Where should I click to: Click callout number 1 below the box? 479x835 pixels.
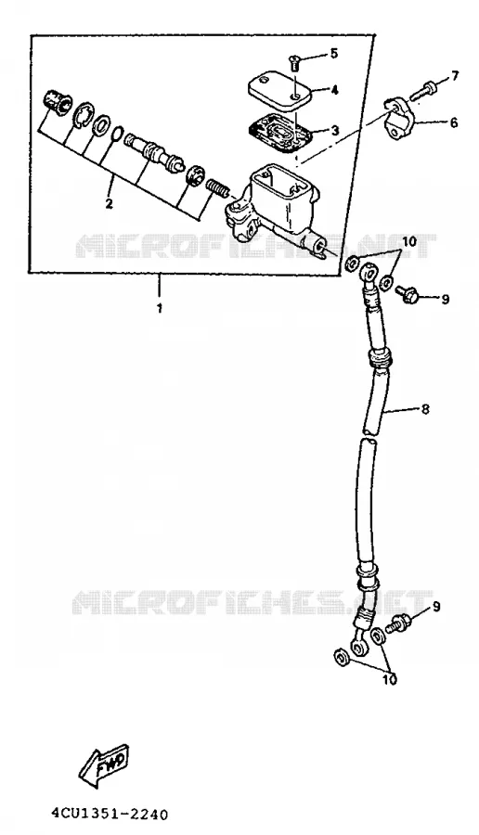pos(160,308)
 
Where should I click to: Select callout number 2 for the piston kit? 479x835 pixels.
pos(109,203)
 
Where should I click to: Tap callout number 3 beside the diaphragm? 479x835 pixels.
pos(334,131)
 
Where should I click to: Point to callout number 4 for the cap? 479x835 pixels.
pos(334,91)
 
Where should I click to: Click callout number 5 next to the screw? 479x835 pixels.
pos(334,53)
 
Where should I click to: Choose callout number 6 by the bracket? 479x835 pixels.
pos(453,123)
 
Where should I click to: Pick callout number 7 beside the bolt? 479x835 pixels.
pos(455,76)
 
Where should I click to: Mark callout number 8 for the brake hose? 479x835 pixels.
pos(425,409)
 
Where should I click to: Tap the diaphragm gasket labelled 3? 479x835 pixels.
pos(280,131)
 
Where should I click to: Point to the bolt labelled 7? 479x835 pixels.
pos(423,90)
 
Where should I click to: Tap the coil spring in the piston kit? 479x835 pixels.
pos(218,186)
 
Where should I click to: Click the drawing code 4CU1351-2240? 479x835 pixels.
pos(110,815)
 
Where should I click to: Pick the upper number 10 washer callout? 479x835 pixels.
pos(408,241)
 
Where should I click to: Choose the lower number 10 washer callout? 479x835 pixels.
pos(390,680)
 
